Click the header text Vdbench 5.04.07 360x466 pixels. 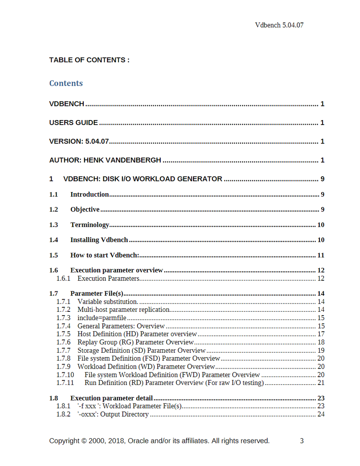(x=280, y=25)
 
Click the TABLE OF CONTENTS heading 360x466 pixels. (x=89, y=60)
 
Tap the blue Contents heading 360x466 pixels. (x=66, y=83)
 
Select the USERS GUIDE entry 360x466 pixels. (x=74, y=123)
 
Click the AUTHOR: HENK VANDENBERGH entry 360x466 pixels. (x=105, y=160)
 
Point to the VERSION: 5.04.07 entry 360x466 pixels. (x=79, y=142)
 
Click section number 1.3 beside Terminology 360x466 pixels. (x=53, y=225)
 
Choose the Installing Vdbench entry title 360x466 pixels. (x=99, y=240)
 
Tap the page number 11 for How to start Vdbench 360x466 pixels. (x=321, y=255)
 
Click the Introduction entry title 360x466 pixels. (x=89, y=195)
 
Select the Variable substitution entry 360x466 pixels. (x=108, y=302)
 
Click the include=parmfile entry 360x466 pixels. (x=102, y=318)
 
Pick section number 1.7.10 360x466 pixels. (x=65, y=375)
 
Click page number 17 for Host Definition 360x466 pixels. (x=321, y=334)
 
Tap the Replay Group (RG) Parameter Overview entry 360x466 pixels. (x=136, y=342)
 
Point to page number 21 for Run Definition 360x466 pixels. (x=321, y=383)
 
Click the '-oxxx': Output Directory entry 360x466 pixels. (x=113, y=414)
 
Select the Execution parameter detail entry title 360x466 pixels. (x=111, y=399)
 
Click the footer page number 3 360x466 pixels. (x=302, y=441)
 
